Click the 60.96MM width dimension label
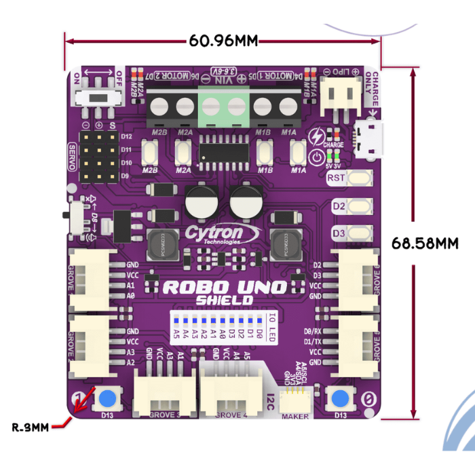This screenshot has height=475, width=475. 224,41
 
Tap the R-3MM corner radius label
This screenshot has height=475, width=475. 31,427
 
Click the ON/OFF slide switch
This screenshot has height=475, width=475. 99,96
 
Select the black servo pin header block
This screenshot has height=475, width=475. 100,156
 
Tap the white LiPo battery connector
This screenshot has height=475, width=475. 340,95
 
